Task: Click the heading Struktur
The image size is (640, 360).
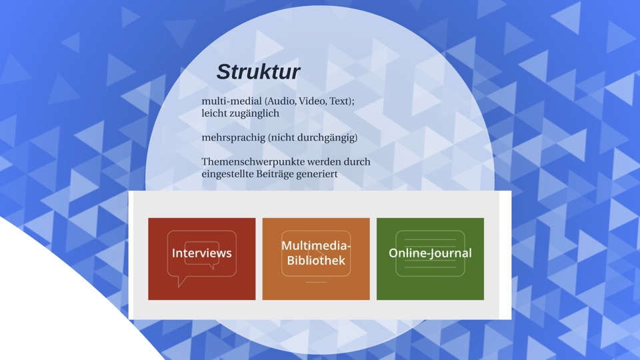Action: (x=259, y=72)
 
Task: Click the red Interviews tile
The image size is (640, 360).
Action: (x=201, y=259)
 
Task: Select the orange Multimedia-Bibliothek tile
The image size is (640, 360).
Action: (x=316, y=259)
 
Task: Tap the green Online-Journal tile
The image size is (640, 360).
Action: (x=430, y=259)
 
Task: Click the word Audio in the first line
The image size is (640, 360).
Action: (x=281, y=101)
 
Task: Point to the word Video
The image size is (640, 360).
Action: (x=312, y=101)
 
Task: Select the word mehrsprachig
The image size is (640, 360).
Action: (x=233, y=138)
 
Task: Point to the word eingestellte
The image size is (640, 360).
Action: (x=227, y=174)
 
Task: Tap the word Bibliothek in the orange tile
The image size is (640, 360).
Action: (x=316, y=261)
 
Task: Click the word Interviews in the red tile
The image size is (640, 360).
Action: (x=201, y=253)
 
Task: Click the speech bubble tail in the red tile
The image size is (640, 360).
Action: (x=182, y=281)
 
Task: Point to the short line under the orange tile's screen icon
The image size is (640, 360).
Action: (x=316, y=282)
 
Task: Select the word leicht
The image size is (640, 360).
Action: (x=214, y=113)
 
